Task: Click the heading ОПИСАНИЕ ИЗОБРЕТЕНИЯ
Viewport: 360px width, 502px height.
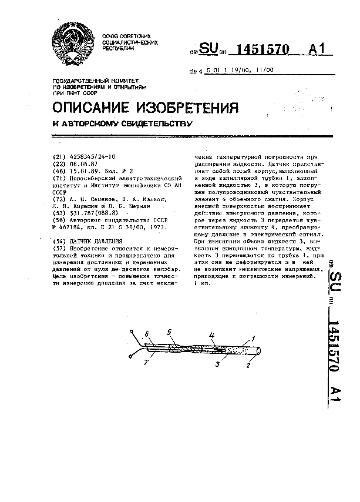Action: point(146,108)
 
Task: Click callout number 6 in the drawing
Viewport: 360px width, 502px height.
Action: point(147,334)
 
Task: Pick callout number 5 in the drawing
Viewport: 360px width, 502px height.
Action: point(169,332)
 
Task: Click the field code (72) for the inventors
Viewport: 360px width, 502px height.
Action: point(58,199)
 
